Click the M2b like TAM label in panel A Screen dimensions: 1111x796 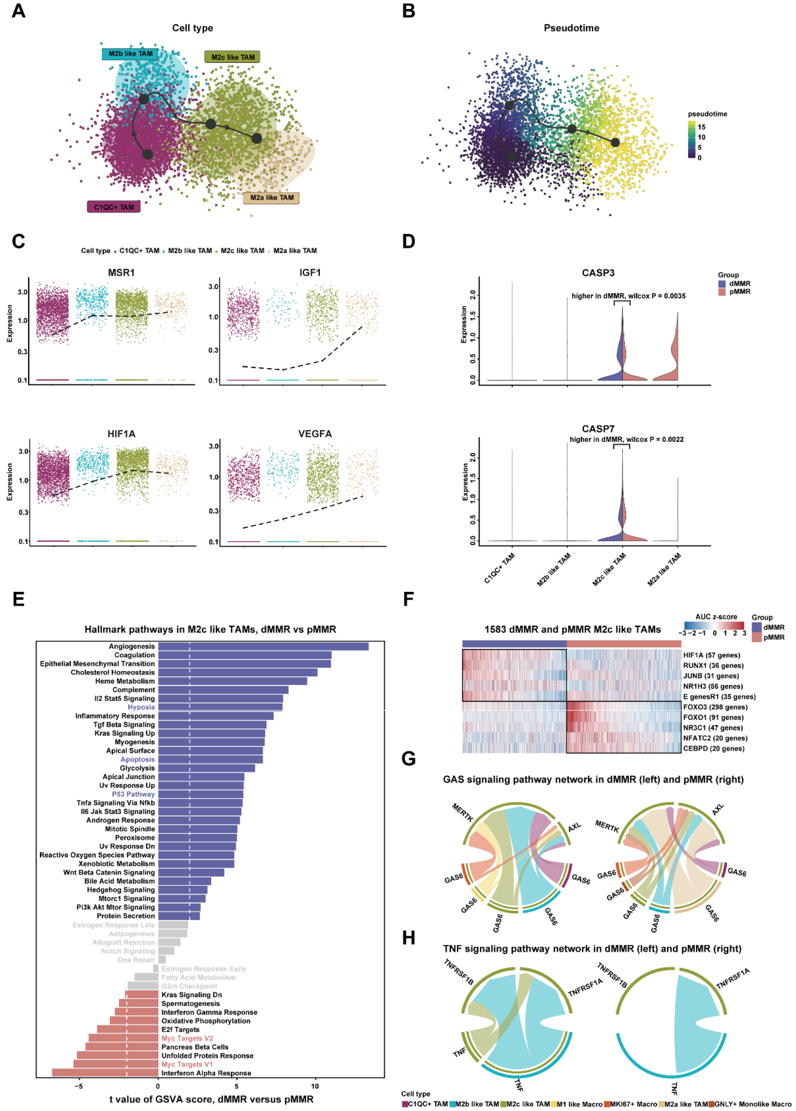130,54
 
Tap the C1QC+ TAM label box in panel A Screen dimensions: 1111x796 114,207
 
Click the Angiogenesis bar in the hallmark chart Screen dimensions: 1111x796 263,647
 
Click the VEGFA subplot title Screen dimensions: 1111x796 315,434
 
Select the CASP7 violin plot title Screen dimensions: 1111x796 598,429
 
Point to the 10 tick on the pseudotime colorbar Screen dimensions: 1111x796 701,137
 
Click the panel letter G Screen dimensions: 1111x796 409,759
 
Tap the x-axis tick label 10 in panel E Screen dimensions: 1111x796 315,1086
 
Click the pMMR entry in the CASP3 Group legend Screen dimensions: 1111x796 739,291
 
